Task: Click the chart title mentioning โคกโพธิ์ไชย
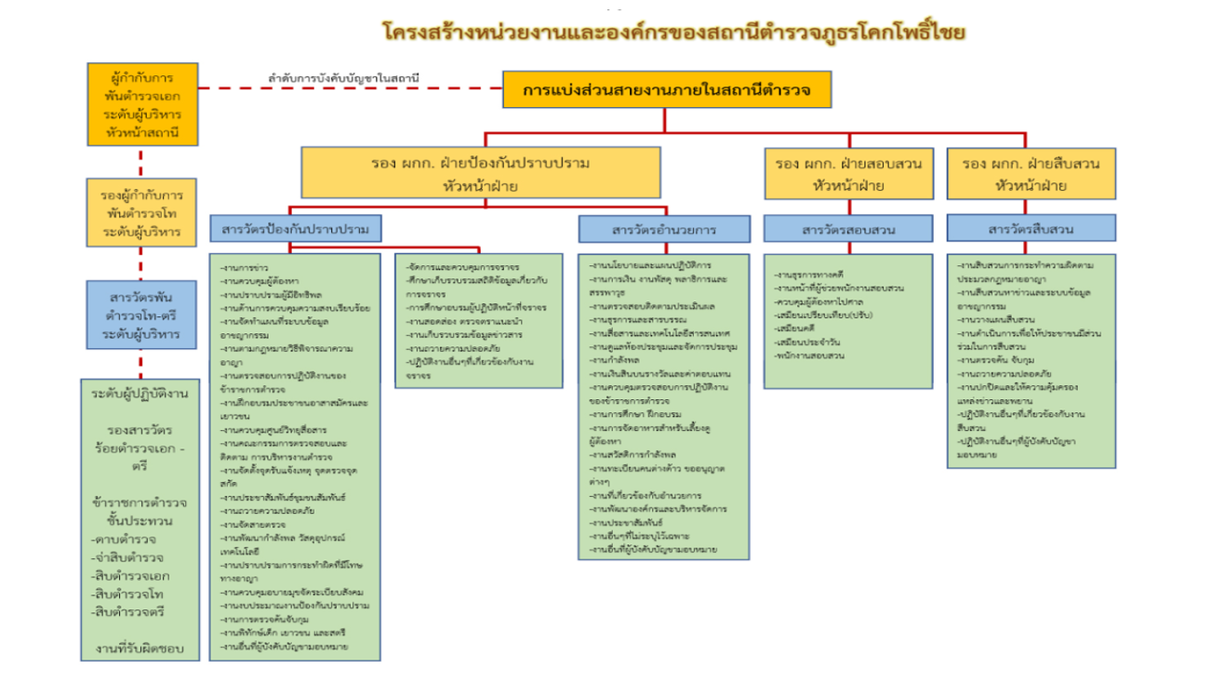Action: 673,33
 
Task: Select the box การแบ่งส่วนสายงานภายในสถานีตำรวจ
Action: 666,90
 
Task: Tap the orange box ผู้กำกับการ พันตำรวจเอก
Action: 142,104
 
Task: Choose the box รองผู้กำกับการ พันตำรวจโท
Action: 142,213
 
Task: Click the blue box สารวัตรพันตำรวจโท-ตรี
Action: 142,316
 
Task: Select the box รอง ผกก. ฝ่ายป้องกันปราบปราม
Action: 479,174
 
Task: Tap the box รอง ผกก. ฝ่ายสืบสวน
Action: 1031,174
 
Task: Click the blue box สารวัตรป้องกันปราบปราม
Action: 295,228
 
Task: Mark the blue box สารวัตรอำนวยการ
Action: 663,229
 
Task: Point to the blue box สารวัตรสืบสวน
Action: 1031,228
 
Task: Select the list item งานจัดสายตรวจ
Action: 247,524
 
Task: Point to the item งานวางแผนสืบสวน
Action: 992,319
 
